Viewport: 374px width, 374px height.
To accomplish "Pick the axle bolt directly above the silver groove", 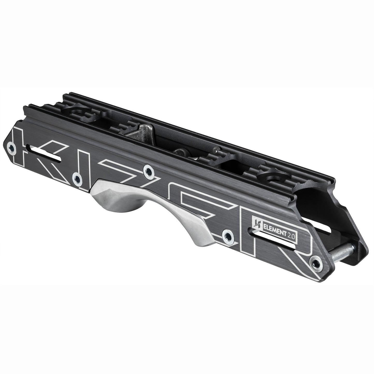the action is tap(149, 171).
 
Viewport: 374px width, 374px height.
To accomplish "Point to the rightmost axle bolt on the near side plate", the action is tap(316, 263).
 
